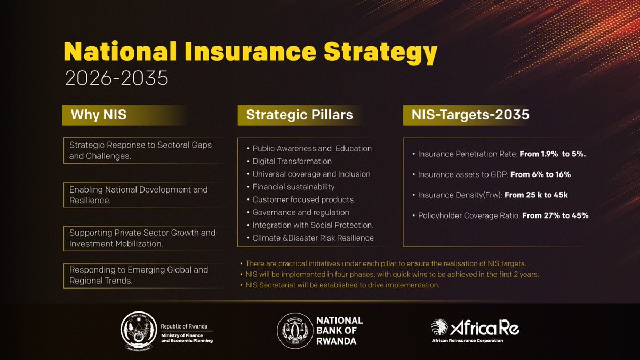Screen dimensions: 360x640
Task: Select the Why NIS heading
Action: tap(99, 115)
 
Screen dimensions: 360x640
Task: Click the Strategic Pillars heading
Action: tap(299, 115)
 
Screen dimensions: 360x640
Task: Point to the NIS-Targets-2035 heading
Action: tap(470, 115)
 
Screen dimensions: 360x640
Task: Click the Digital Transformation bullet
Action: tap(292, 161)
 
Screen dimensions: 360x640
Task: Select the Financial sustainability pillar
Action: tap(293, 187)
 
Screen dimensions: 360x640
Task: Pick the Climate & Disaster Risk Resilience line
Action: tap(313, 238)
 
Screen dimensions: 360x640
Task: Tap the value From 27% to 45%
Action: tap(555, 215)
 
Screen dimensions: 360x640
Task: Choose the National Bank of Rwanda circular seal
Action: tap(295, 331)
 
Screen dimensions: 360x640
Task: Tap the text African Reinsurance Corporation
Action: tap(467, 340)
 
